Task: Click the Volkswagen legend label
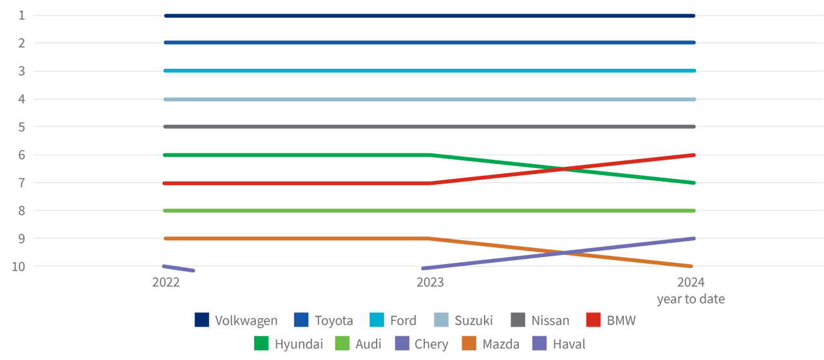(x=246, y=320)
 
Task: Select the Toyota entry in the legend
(x=333, y=320)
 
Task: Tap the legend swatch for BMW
(x=594, y=319)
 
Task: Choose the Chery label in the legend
(x=431, y=344)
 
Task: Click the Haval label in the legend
(x=569, y=344)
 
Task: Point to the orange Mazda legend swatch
(x=467, y=344)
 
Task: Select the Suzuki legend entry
(x=473, y=320)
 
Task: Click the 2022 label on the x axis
(x=165, y=282)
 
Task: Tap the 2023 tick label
(x=430, y=282)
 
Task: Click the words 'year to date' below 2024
(x=691, y=299)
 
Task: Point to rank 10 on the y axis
(x=18, y=266)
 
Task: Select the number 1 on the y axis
(x=21, y=15)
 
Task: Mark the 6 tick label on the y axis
(x=21, y=155)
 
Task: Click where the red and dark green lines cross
(x=563, y=169)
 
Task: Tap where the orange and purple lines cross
(x=563, y=252)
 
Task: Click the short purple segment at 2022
(x=179, y=268)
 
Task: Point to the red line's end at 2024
(x=693, y=155)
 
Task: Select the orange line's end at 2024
(x=690, y=266)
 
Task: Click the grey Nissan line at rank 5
(x=430, y=126)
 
